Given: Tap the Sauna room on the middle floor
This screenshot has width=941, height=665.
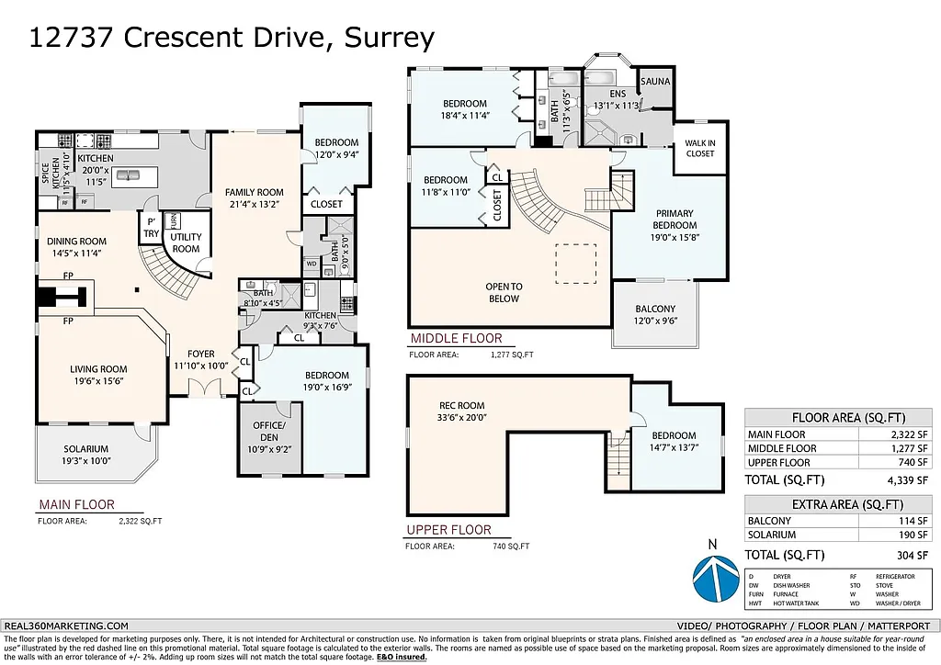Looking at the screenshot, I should tap(655, 82).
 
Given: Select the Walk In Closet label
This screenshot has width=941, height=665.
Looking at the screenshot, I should tap(699, 148).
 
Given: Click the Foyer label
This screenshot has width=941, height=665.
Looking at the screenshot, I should tap(200, 353).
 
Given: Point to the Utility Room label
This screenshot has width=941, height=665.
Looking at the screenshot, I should tap(186, 242).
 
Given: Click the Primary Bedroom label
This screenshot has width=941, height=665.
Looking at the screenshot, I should tap(675, 219).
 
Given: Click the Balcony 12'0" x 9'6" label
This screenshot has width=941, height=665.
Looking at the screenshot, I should tap(655, 315).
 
